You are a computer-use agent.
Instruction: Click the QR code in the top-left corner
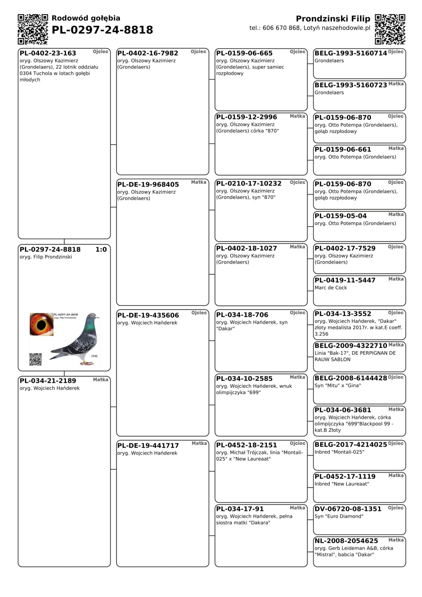tap(33, 29)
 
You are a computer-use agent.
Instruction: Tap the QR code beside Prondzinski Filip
tap(390, 29)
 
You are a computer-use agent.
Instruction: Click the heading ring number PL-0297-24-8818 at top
tap(102, 30)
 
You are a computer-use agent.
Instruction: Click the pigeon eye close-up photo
tap(41, 324)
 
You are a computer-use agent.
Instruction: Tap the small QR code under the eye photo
tap(35, 359)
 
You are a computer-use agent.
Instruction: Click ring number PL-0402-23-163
tap(48, 53)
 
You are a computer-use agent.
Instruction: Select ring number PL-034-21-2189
tap(48, 381)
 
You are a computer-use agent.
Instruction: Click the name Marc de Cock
tap(331, 288)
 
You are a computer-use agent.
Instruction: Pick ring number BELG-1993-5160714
tap(351, 53)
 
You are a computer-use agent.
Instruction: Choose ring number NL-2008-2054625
tap(346, 541)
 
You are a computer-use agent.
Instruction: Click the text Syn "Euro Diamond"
tap(339, 516)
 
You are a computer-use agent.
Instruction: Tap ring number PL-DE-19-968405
tap(148, 184)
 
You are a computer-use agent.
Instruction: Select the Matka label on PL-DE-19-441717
tap(199, 443)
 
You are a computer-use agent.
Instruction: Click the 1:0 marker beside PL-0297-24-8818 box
tap(101, 249)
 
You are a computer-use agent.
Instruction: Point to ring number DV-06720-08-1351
tap(348, 509)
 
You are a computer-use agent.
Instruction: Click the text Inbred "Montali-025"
tap(339, 452)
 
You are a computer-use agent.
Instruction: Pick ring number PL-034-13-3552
tap(343, 314)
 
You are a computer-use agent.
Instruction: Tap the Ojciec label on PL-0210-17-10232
tap(298, 182)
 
